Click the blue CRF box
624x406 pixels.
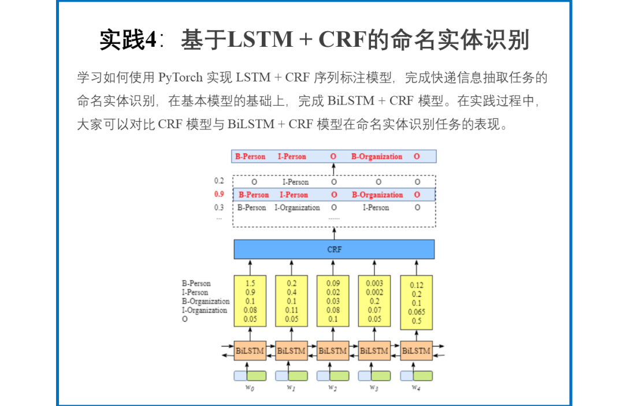coord(334,249)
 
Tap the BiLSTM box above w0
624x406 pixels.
coord(250,351)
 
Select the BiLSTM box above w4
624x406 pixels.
coord(416,351)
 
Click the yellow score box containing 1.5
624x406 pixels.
coord(250,300)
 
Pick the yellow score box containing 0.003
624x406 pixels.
coord(374,300)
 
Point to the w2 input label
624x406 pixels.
coord(333,387)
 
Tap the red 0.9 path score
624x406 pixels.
coord(219,194)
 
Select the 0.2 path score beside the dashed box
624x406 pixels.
coord(219,181)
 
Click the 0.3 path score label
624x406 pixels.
coord(219,207)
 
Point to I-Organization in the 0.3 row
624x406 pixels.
coord(297,207)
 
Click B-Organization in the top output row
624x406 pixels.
coord(377,157)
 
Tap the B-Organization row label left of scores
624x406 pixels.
coord(205,301)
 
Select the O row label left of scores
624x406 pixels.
coord(185,319)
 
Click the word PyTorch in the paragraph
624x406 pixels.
coord(180,77)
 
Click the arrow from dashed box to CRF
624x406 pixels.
coord(334,233)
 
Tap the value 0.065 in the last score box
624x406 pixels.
coord(416,312)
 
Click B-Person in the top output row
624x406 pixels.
coord(250,157)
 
